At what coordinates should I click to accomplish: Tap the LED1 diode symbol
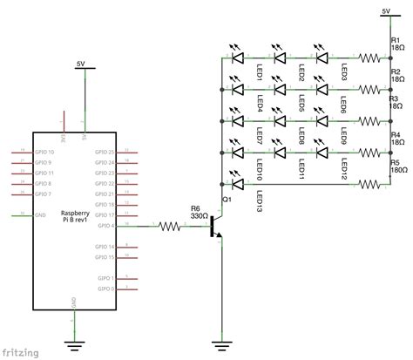pyautogui.click(x=237, y=58)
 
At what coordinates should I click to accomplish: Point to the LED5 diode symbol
pyautogui.click(x=281, y=90)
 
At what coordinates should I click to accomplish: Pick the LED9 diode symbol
pyautogui.click(x=322, y=121)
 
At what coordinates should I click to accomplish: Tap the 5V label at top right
pyautogui.click(x=387, y=11)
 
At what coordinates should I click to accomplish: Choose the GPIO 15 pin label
pyautogui.click(x=105, y=257)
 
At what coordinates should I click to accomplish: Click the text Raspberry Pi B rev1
pyautogui.click(x=74, y=219)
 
